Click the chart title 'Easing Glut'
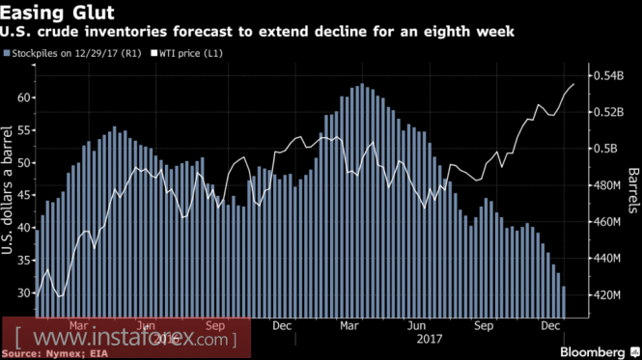(x=57, y=13)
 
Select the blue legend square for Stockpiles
(x=7, y=53)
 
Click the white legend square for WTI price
(x=154, y=53)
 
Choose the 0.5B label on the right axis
(x=605, y=149)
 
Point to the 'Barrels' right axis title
(x=633, y=190)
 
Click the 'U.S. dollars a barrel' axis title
(x=7, y=190)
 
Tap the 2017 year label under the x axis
(x=430, y=339)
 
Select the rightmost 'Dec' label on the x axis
(x=550, y=325)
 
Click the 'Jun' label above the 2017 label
(x=416, y=325)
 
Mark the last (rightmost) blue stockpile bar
(x=564, y=302)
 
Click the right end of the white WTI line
(x=573, y=84)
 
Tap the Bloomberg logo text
(x=592, y=352)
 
